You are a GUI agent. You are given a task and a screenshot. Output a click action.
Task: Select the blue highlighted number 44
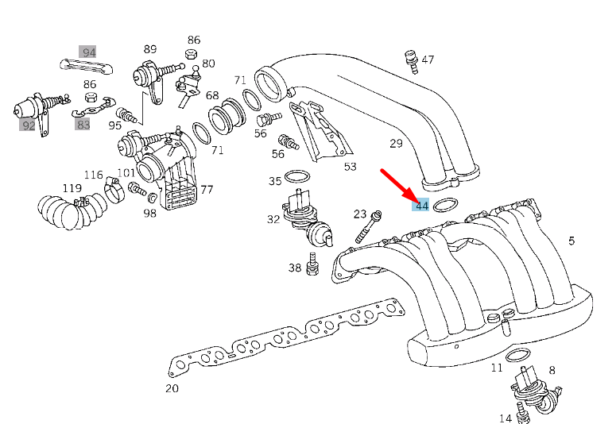(x=421, y=206)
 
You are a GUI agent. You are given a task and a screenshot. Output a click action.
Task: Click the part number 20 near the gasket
(x=172, y=388)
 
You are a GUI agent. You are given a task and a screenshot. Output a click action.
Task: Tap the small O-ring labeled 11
(x=517, y=353)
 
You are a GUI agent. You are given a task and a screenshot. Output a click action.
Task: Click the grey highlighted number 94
(x=88, y=52)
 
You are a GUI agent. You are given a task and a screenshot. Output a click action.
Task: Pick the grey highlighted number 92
(x=28, y=125)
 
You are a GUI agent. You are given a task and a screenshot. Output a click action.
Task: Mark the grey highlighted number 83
(x=83, y=124)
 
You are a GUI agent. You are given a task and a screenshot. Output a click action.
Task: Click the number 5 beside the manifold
(x=571, y=241)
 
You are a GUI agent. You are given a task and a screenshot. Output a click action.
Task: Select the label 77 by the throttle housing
(x=206, y=190)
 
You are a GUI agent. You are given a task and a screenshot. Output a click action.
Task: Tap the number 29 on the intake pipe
(x=396, y=143)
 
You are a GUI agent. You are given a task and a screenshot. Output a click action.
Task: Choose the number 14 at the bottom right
(x=506, y=418)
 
